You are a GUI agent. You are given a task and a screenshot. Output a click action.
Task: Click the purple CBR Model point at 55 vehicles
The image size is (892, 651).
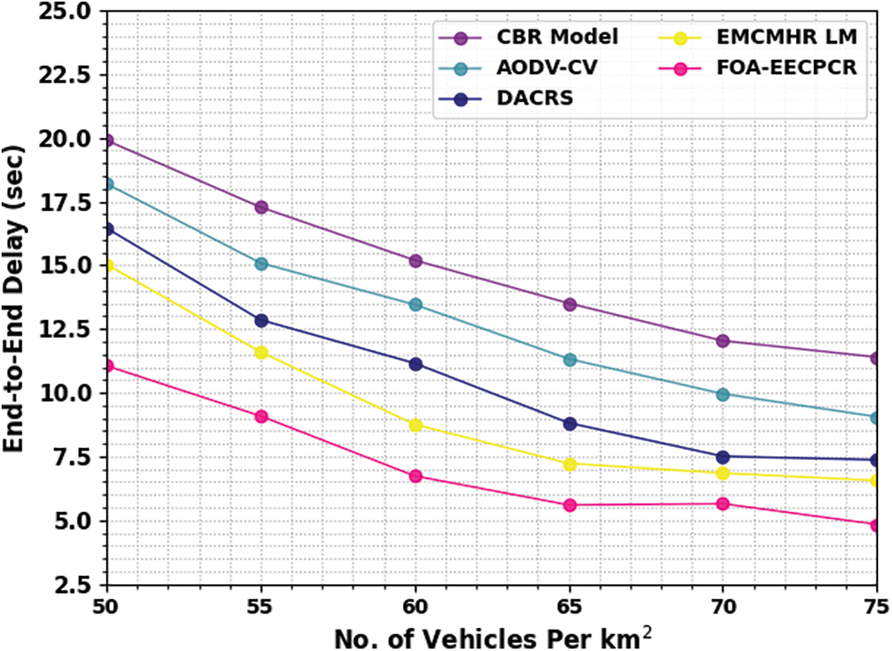[x=261, y=207]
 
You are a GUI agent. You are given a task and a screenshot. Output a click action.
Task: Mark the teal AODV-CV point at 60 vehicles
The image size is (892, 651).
[x=416, y=304]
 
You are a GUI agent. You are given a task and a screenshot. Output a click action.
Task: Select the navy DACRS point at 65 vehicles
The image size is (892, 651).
[x=570, y=424]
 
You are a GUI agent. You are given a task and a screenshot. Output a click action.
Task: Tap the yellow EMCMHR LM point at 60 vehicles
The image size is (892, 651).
[x=416, y=425]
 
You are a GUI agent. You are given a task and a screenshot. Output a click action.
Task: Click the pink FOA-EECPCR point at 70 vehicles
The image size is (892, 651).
[x=723, y=504]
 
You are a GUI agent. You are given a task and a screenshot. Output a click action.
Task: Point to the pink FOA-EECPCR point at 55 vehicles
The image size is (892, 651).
[x=261, y=416]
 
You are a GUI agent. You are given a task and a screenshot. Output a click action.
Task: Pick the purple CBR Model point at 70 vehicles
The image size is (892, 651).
[x=723, y=340]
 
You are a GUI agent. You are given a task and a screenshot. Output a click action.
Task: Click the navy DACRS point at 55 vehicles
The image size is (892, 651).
[x=261, y=320]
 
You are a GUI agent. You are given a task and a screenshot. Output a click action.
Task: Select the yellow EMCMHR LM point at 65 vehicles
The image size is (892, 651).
[x=570, y=464]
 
